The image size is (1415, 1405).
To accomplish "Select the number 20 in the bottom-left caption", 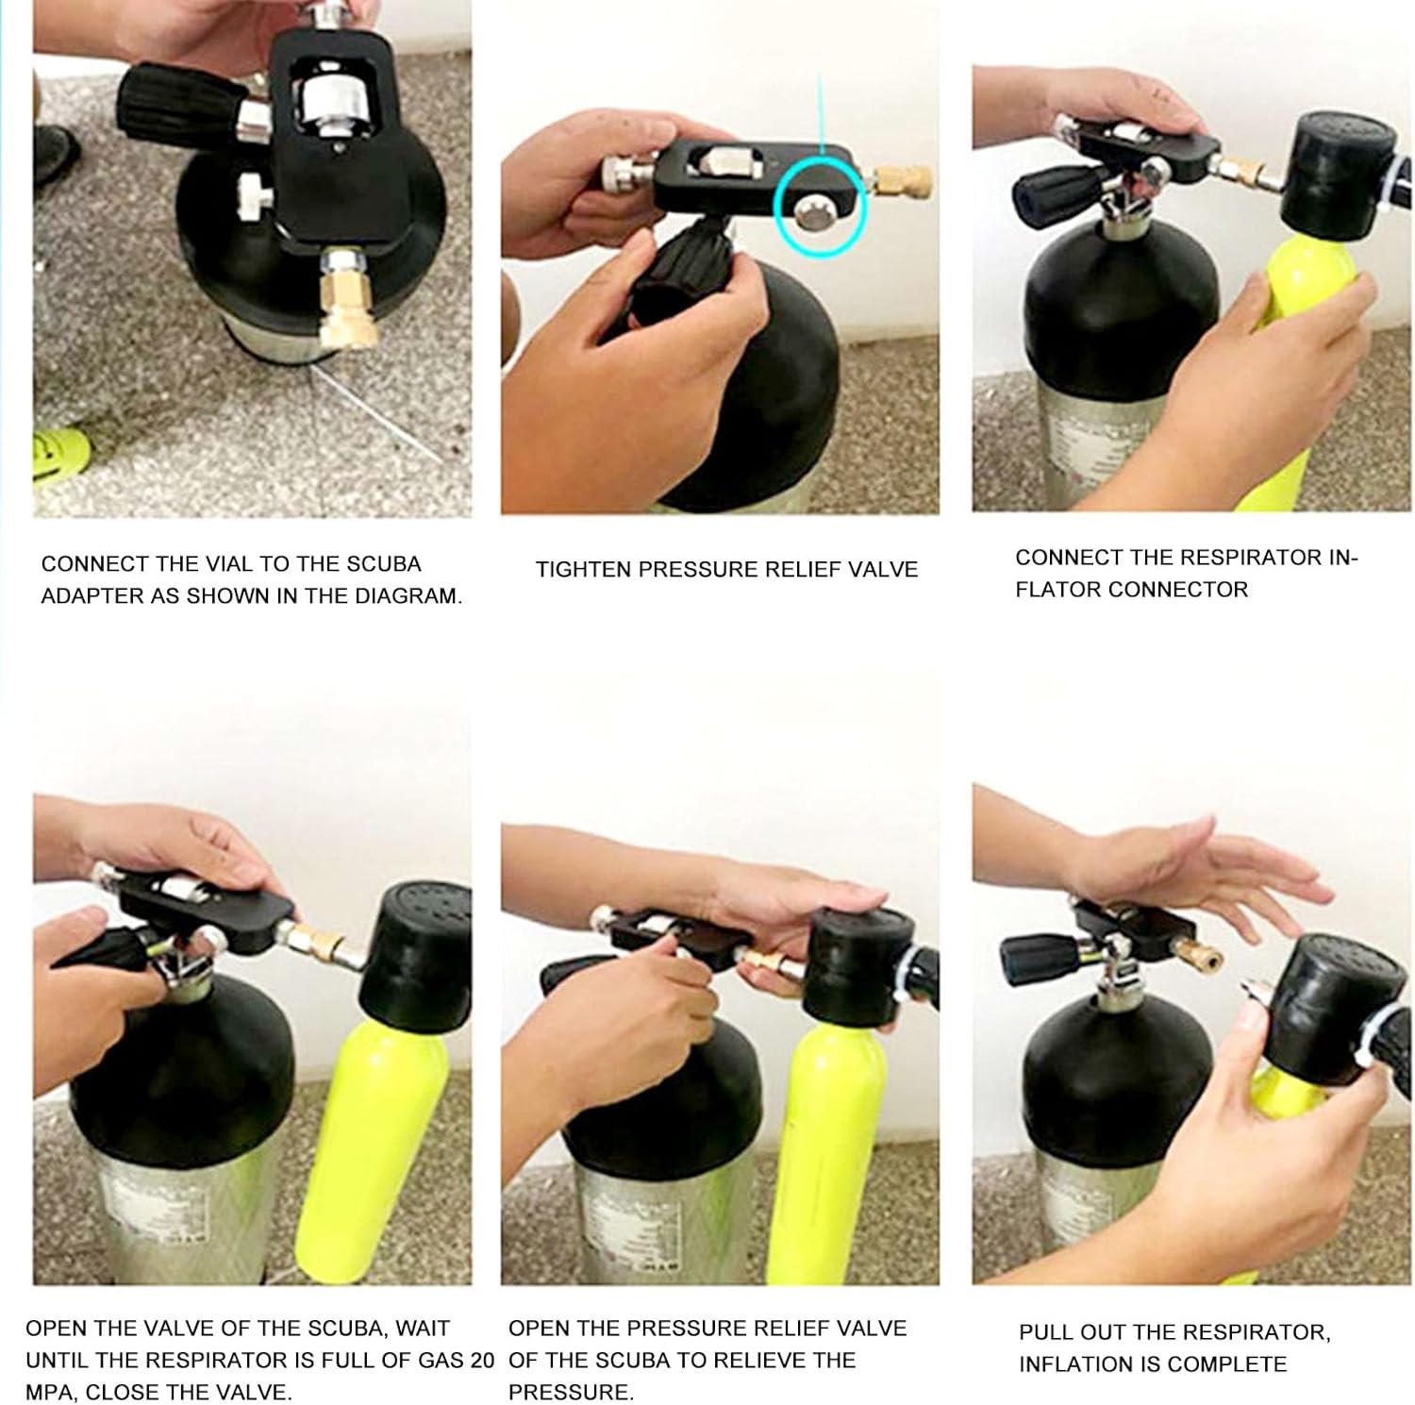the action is coord(482,1361).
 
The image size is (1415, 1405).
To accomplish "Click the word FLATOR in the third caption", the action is coord(1059,590).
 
